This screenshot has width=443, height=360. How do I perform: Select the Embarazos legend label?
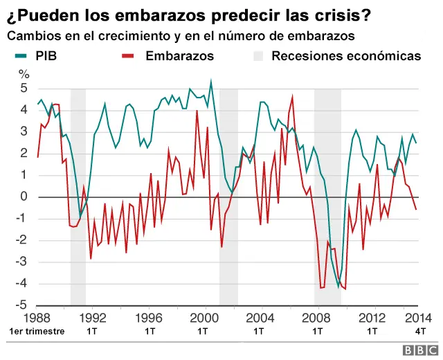click(179, 55)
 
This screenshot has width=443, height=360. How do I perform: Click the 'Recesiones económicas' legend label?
click(345, 55)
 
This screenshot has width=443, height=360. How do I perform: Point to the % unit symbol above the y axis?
click(24, 74)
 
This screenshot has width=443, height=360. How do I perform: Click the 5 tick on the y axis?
click(24, 89)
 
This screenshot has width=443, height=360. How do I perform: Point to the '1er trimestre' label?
click(37, 331)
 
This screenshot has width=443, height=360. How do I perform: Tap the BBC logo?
click(418, 348)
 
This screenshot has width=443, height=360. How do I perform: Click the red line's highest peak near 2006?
click(292, 97)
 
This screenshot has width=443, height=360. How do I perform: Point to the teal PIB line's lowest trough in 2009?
click(338, 286)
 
